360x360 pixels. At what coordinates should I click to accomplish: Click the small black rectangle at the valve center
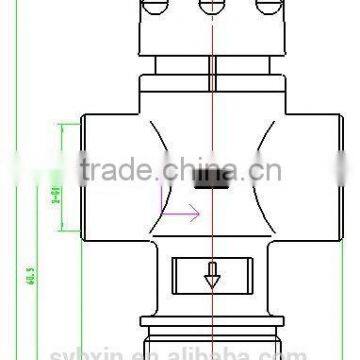(210, 180)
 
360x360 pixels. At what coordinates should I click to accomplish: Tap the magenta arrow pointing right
(182, 211)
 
